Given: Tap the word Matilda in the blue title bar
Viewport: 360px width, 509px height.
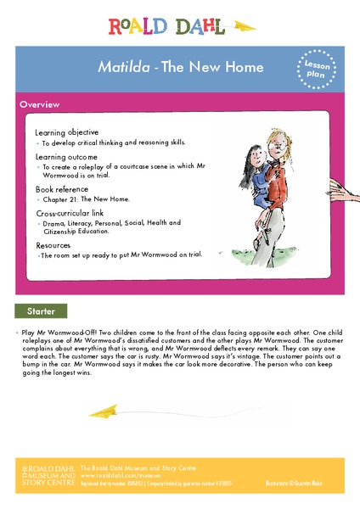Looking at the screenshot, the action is coord(119,67).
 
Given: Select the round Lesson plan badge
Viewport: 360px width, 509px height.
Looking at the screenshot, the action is coord(314,67).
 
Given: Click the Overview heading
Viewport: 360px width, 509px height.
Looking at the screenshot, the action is coord(40,104).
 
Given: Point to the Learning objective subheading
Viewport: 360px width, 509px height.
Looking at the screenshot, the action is coord(66,132).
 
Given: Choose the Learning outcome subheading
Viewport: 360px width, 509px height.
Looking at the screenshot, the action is coord(65,157).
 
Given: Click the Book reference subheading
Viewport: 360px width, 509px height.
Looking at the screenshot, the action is coord(61,188).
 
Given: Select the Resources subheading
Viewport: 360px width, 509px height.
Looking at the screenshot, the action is coord(53,244).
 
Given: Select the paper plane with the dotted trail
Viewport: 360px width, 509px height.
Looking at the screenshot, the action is coord(110,412).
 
